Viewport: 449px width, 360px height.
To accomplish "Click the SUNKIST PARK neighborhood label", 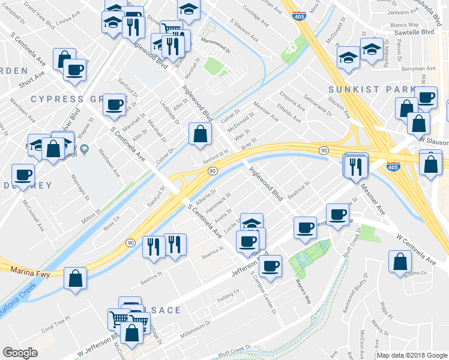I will pyautogui.click(x=371, y=89).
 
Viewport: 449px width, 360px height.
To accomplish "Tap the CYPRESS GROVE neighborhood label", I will pyautogui.click(x=65, y=98).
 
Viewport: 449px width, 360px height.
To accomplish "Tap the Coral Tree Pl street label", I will pyautogui.click(x=56, y=329).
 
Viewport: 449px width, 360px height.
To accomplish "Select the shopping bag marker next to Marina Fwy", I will pyautogui.click(x=75, y=277).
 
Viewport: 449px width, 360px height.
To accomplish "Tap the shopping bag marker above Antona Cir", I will pyautogui.click(x=400, y=262).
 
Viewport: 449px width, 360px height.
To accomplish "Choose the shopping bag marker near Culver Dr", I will pyautogui.click(x=199, y=133).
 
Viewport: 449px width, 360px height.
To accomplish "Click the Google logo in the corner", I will pyautogui.click(x=20, y=353).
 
